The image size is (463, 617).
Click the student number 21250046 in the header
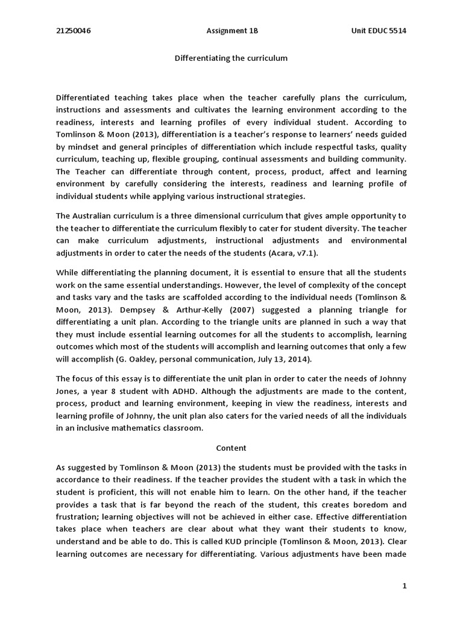point(74,31)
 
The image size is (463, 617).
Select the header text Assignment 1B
point(231,31)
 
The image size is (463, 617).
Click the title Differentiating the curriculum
point(231,58)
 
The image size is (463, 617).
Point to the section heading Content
point(231,448)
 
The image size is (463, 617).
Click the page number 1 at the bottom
point(404,585)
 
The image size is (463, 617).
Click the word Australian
point(96,216)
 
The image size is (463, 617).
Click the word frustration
point(77,517)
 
